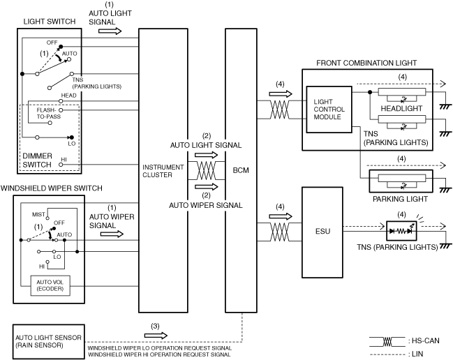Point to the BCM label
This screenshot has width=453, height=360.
(237, 169)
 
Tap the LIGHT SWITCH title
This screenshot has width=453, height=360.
(45, 22)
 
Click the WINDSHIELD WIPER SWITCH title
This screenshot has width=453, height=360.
(52, 188)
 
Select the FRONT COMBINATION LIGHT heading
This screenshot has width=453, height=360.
(366, 63)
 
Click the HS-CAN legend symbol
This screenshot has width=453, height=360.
(387, 342)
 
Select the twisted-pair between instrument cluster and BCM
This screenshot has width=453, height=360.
(207, 169)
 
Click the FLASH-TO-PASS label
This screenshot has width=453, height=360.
(44, 114)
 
